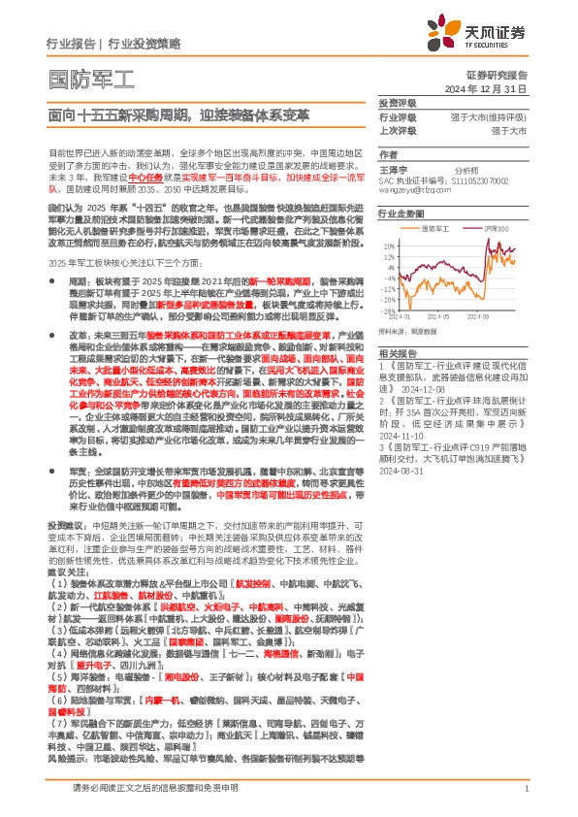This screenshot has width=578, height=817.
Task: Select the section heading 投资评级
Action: [397, 102]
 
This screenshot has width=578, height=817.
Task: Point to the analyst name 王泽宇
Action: [393, 168]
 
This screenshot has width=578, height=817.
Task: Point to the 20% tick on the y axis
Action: [389, 245]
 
